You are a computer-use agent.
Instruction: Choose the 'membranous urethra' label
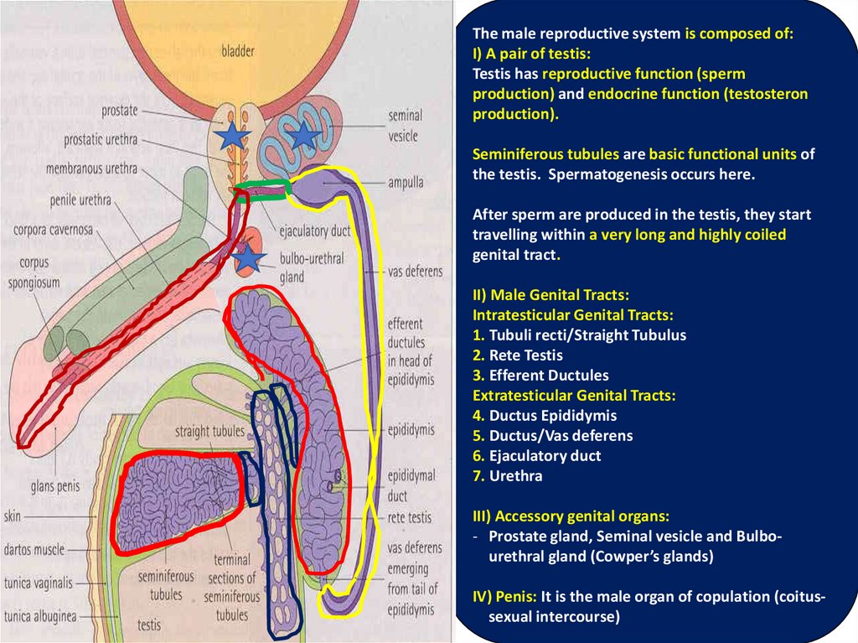(x=97, y=169)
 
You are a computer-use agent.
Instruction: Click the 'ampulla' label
(x=406, y=181)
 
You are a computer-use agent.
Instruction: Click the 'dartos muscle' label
(x=34, y=550)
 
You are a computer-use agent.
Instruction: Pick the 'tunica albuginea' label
(x=39, y=616)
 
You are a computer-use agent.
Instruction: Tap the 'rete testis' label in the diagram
(x=410, y=518)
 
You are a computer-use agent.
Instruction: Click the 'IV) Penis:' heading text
(x=504, y=597)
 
